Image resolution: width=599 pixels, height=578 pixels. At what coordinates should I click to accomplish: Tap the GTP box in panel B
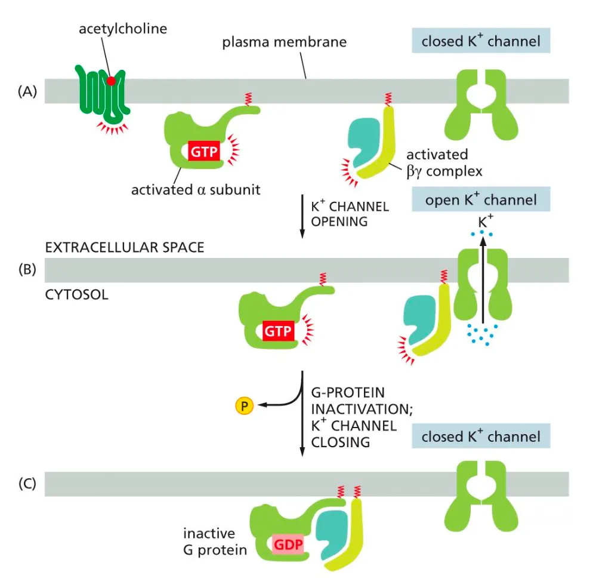pyautogui.click(x=277, y=331)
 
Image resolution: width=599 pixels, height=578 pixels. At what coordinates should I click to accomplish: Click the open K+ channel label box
pyautogui.click(x=480, y=199)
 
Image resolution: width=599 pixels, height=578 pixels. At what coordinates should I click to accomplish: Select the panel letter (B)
pyautogui.click(x=28, y=270)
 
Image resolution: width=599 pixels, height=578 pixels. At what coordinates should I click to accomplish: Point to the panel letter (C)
pyautogui.click(x=28, y=483)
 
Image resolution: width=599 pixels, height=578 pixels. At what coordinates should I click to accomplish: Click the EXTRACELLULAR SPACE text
pyautogui.click(x=125, y=247)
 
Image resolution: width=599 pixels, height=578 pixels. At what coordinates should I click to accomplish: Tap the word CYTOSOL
pyautogui.click(x=77, y=294)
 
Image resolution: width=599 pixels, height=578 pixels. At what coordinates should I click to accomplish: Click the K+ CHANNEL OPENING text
pyautogui.click(x=350, y=214)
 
